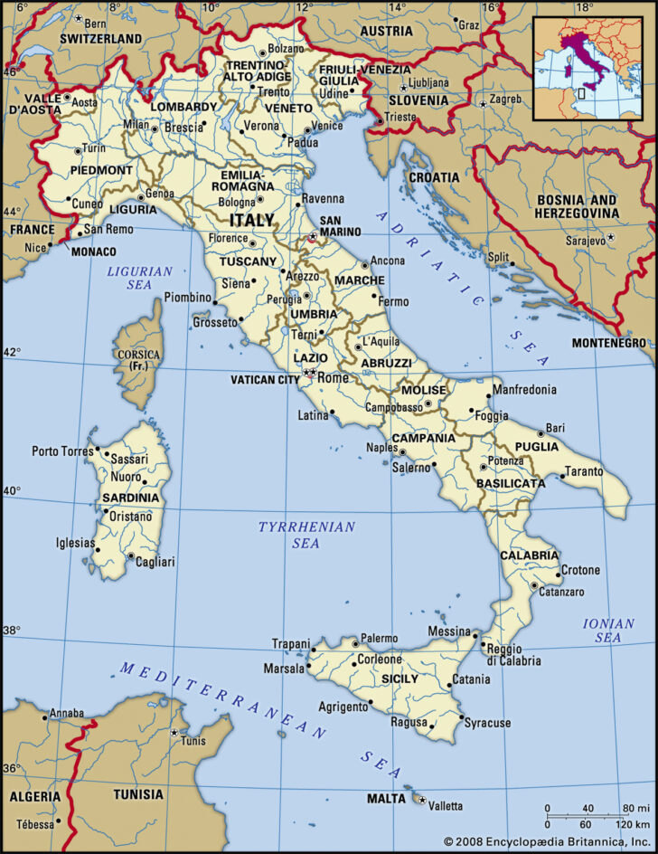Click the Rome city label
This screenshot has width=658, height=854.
pyautogui.click(x=335, y=378)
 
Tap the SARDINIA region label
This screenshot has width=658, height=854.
pyautogui.click(x=130, y=498)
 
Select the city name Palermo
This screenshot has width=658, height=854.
pyautogui.click(x=379, y=638)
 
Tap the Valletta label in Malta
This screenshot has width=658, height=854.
pyautogui.click(x=444, y=806)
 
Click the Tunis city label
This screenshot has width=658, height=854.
pyautogui.click(x=192, y=741)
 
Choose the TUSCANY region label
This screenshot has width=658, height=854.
pyautogui.click(x=249, y=261)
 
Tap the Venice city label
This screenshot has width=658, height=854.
pyautogui.click(x=326, y=126)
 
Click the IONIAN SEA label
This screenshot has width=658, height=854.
pyautogui.click(x=602, y=631)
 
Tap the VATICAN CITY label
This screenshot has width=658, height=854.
pyautogui.click(x=264, y=379)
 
